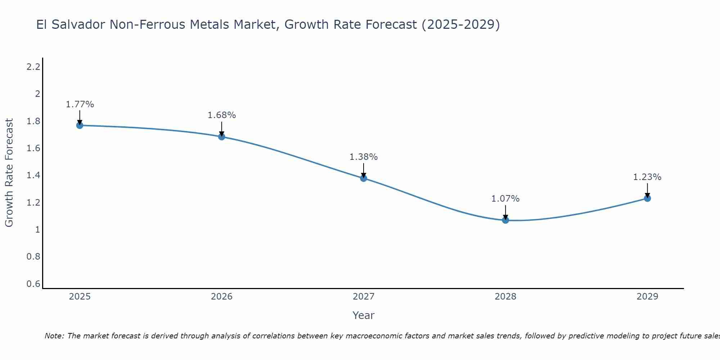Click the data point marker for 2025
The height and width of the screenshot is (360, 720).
tap(80, 125)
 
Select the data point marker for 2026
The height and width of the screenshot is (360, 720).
tap(221, 137)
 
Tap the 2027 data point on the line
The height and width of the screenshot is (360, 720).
tap(364, 178)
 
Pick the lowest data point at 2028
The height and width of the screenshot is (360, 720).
tap(505, 220)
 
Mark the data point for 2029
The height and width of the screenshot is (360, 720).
tap(647, 198)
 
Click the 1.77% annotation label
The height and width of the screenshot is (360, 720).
tap(80, 104)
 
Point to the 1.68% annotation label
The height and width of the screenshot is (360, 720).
tap(221, 115)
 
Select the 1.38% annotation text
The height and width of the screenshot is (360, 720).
tap(364, 157)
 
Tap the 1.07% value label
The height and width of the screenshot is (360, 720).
tap(505, 199)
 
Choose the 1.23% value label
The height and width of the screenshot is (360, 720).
tap(647, 177)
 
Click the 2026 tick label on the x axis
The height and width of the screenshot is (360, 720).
tap(221, 297)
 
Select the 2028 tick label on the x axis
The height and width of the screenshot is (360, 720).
tap(505, 297)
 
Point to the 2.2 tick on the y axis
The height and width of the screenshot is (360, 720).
tap(33, 67)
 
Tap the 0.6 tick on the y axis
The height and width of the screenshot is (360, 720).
tap(33, 284)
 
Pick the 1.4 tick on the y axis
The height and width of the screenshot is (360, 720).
tap(33, 175)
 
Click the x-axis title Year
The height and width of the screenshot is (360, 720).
tap(364, 315)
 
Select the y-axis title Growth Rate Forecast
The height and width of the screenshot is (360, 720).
tap(9, 173)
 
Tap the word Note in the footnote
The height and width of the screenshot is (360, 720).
tap(54, 336)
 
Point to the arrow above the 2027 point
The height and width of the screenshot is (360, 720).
tap(364, 170)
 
